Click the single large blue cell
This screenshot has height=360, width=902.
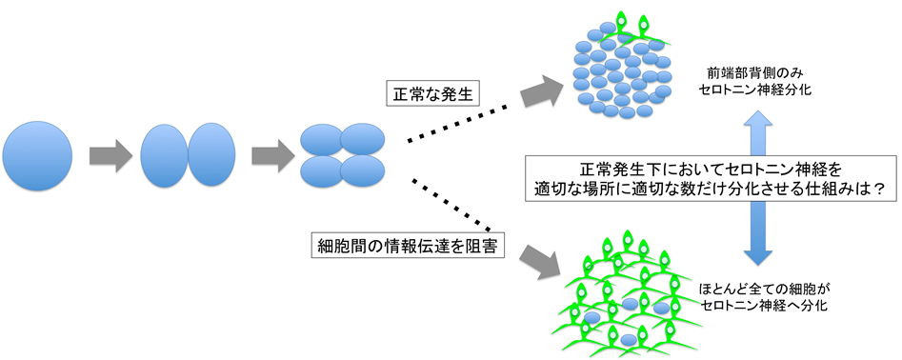click(x=37, y=156)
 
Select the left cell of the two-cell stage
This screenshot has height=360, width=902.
click(x=165, y=156)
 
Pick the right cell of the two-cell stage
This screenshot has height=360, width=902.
click(x=211, y=156)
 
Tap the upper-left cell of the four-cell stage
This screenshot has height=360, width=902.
click(x=323, y=140)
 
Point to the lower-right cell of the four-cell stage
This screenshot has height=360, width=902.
click(x=362, y=171)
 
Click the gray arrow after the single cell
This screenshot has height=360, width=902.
click(x=110, y=156)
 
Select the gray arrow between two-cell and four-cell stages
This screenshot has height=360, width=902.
click(x=273, y=156)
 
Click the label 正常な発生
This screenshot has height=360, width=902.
click(x=431, y=93)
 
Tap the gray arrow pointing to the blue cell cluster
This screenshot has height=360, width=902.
click(x=541, y=90)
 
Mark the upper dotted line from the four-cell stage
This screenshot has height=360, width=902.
click(x=457, y=124)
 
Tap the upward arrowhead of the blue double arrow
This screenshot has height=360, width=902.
click(x=759, y=123)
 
